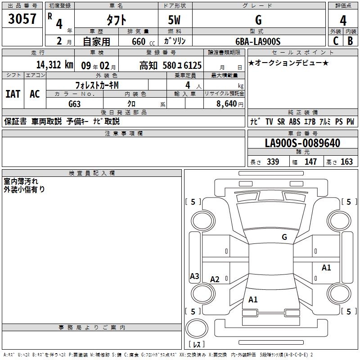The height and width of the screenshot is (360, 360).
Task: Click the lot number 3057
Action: click(22, 19)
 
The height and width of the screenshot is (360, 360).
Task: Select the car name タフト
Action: click(116, 20)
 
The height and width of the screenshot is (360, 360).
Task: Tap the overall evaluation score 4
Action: click(343, 20)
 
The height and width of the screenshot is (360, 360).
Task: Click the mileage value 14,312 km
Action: click(54, 65)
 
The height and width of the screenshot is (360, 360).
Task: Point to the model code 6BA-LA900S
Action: click(258, 41)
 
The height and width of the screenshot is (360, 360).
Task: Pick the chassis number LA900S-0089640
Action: click(302, 143)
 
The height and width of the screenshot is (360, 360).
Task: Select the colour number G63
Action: click(75, 103)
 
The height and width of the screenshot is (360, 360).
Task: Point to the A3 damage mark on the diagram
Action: click(194, 276)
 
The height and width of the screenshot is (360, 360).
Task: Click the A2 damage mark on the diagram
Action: click(215, 279)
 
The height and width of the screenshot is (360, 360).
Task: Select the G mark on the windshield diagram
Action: click(284, 237)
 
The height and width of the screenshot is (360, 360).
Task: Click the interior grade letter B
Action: click(350, 41)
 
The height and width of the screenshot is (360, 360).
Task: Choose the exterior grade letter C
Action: click(335, 41)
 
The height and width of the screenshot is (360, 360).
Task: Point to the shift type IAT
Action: click(13, 94)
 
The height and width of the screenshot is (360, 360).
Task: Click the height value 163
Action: click(347, 162)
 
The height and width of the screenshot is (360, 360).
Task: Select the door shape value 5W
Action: click(175, 20)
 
